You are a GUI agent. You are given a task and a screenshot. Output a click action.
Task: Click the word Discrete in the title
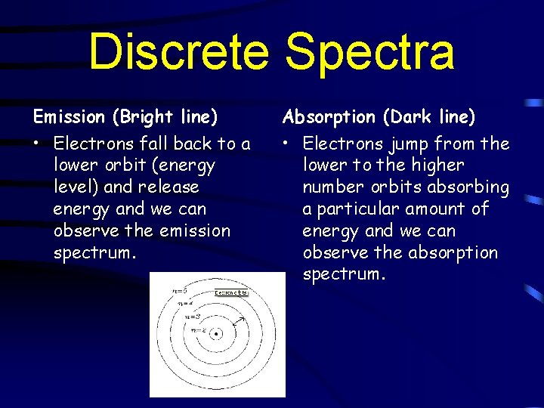click(x=178, y=51)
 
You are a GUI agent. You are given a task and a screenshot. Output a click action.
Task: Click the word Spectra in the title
click(x=370, y=51)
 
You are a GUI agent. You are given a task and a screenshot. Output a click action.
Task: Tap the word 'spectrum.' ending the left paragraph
click(x=94, y=252)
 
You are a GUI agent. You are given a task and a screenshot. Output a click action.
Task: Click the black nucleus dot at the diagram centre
click(x=218, y=333)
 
